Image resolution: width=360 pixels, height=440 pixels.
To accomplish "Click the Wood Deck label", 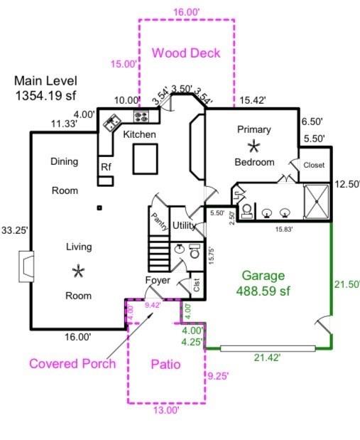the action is [x=186, y=53].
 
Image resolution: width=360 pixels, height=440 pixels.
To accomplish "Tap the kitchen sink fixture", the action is [x=112, y=122].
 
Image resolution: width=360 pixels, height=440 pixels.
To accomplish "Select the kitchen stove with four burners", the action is [x=141, y=116].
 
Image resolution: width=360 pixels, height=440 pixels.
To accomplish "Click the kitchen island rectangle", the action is [x=145, y=159].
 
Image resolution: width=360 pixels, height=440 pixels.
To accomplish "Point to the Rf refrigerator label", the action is [x=106, y=167].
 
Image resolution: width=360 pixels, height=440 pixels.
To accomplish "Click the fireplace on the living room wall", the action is [x=26, y=267].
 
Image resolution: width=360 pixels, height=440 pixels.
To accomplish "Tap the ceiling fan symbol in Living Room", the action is [x=78, y=271].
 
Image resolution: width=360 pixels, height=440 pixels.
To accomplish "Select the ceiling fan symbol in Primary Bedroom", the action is [x=253, y=146].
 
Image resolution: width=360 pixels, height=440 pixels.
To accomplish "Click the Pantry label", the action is [x=160, y=222].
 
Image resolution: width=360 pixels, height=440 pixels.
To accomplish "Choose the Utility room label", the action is [x=184, y=225].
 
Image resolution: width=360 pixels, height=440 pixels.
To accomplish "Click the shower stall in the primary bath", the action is [x=316, y=201].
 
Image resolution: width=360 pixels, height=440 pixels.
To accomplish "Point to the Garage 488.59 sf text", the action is [x=263, y=283].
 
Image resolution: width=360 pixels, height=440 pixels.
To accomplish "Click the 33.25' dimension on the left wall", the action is [x=15, y=230].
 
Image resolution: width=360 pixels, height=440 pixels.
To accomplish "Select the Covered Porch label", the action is [x=72, y=364].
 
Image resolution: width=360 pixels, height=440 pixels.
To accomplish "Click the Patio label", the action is [x=165, y=364].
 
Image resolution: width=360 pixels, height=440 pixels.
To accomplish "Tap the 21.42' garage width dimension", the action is [x=267, y=358].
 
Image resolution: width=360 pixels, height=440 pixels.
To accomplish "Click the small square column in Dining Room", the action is [x=99, y=208].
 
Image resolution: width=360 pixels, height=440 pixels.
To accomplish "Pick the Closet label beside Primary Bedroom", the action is [x=314, y=165].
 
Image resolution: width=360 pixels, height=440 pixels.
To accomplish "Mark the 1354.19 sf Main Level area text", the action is [x=45, y=96].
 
